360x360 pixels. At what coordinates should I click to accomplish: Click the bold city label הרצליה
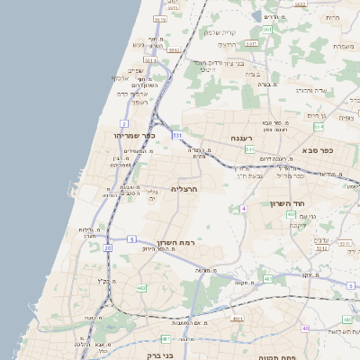(x=183, y=189)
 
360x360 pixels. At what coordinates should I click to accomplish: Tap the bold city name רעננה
(x=240, y=138)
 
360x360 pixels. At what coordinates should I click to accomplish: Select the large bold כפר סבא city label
(x=318, y=150)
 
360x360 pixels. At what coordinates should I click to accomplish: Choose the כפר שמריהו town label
(x=135, y=135)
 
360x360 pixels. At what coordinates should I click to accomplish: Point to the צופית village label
(x=346, y=118)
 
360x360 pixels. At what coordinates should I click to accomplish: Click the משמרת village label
(x=343, y=46)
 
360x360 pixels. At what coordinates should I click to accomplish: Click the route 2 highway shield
(x=122, y=122)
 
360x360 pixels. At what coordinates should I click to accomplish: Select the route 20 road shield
(x=108, y=247)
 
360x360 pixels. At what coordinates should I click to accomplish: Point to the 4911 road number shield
(x=238, y=318)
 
